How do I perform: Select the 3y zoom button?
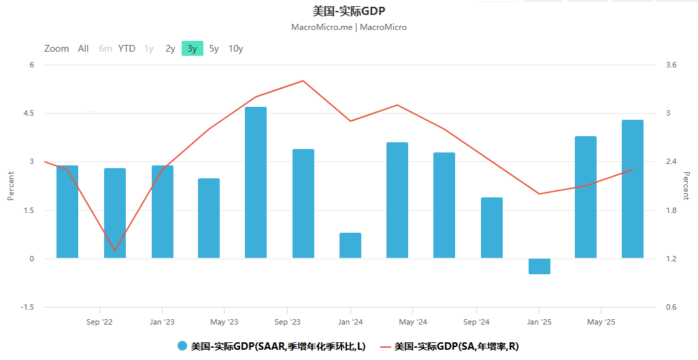[193, 48]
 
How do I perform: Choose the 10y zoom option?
[235, 48]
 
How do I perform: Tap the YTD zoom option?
[127, 48]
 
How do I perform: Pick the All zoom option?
[83, 48]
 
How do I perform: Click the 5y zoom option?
[214, 48]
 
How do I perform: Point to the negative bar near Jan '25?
[539, 266]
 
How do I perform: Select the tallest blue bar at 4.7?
[256, 182]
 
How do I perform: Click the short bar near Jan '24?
[350, 246]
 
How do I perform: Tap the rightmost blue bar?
[632, 189]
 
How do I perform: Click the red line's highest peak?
[303, 81]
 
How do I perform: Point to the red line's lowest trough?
[114, 250]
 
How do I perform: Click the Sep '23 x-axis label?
[287, 322]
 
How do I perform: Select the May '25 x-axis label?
[601, 322]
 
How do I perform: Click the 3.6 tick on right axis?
[671, 65]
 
